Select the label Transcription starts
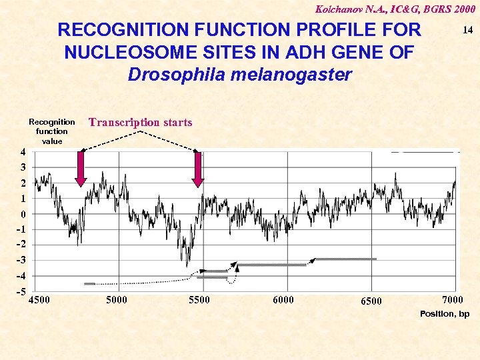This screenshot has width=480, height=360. pos(140,122)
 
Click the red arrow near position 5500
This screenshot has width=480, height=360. pos(197,169)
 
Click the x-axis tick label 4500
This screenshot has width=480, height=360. pos(39,299)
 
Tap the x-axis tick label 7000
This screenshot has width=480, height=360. pos(453,299)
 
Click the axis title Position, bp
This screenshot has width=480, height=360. pos(445,313)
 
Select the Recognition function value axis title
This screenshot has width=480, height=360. pos(52,131)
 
